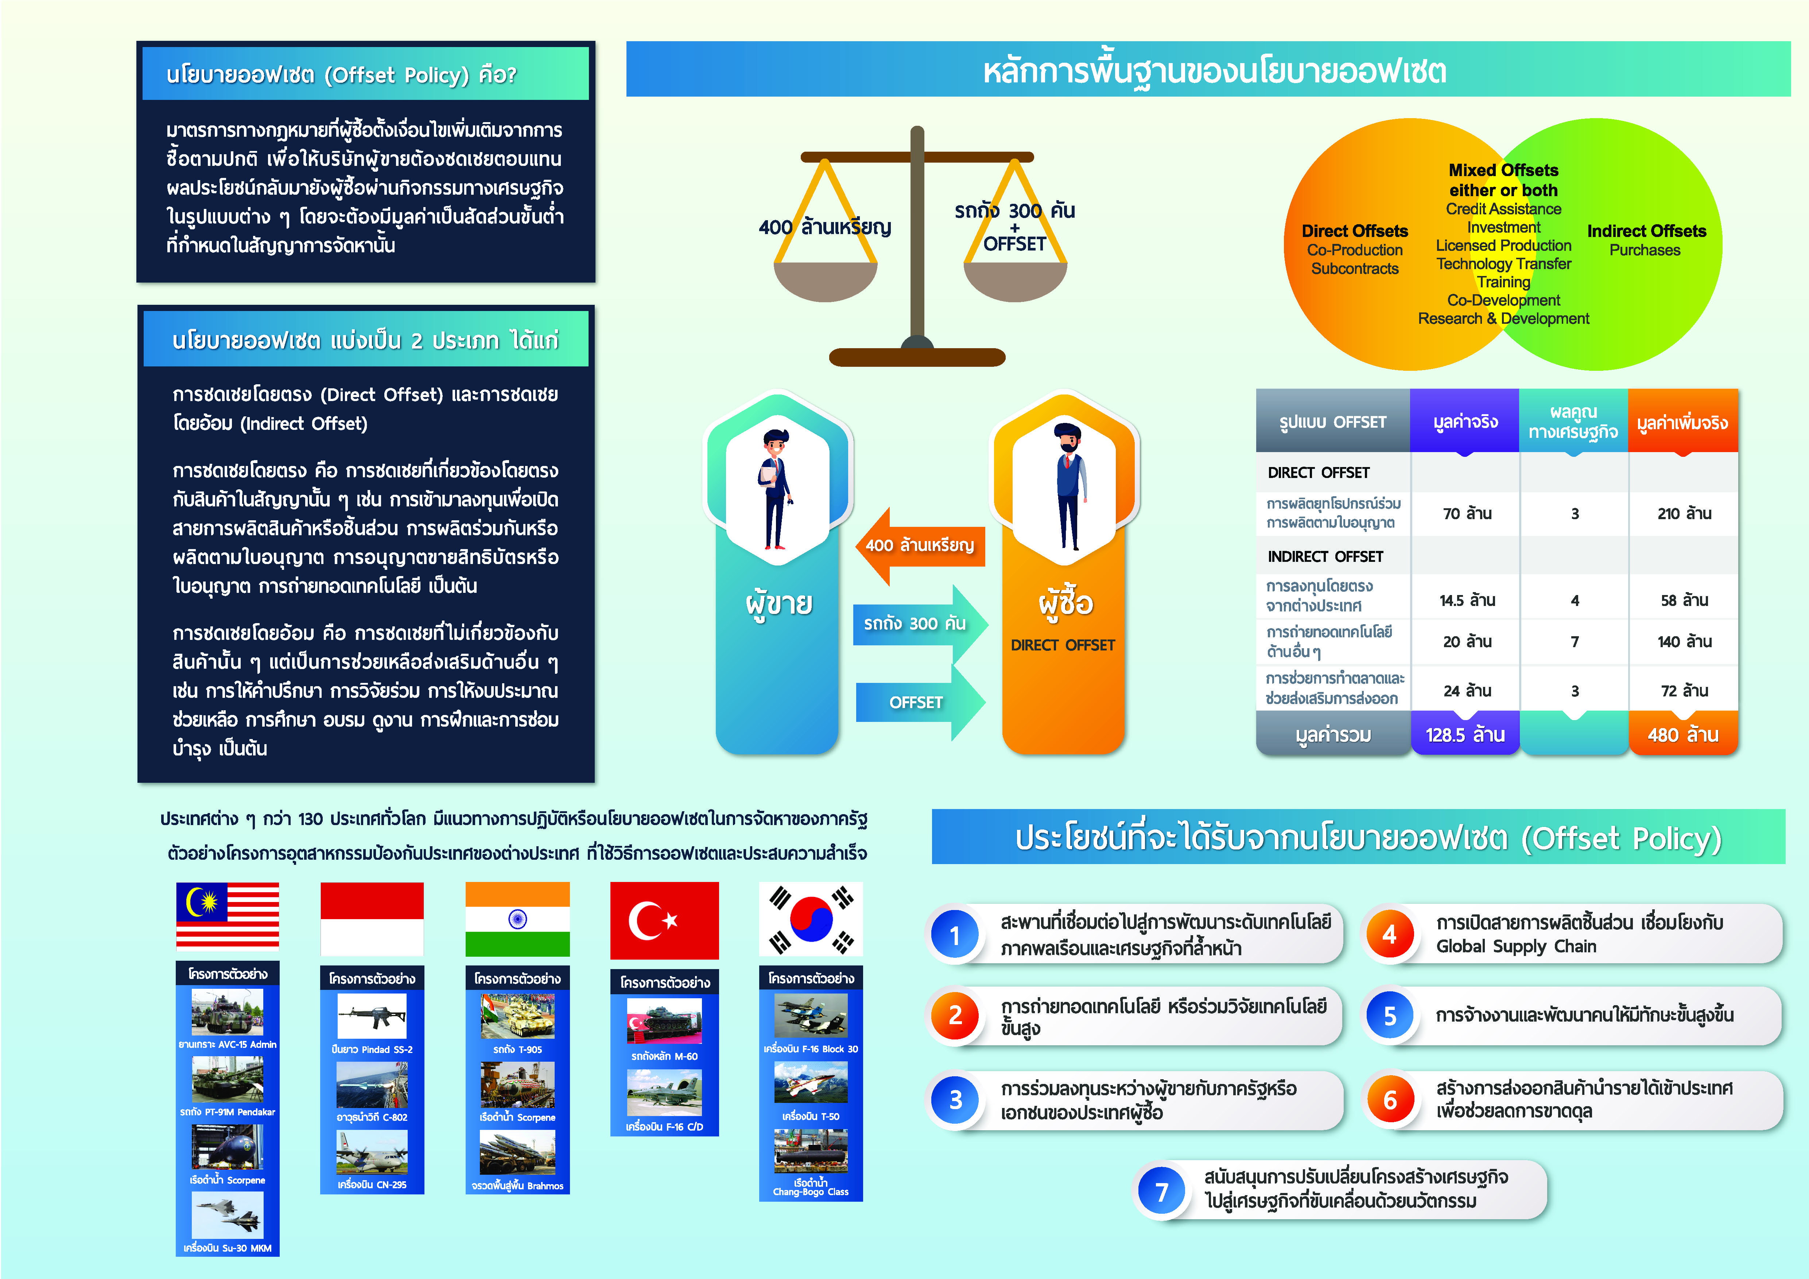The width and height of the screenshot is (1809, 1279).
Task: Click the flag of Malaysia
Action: [x=227, y=916]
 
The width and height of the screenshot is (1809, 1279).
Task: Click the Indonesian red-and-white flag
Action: [x=372, y=919]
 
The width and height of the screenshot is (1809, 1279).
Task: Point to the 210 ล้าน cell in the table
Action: [x=1684, y=513]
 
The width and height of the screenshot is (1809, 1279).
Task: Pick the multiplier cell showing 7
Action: [x=1574, y=642]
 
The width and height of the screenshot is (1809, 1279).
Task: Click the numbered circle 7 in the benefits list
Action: [x=1161, y=1191]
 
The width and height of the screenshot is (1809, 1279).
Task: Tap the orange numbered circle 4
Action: [x=1389, y=935]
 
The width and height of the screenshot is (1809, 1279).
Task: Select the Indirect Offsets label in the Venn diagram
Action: [x=1646, y=231]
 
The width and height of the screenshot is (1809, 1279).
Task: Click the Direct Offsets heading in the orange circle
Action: [x=1354, y=231]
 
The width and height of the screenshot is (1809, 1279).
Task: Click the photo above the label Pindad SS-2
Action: [x=372, y=1016]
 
